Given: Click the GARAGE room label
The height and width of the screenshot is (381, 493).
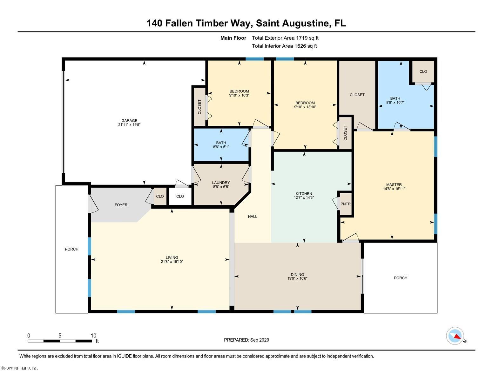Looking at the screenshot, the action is point(129,121).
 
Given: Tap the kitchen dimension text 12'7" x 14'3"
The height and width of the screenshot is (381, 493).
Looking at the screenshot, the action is point(304,197).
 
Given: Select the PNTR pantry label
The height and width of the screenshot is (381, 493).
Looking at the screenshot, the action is point(346,204).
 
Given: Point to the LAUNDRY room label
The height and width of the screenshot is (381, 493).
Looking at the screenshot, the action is point(221,183).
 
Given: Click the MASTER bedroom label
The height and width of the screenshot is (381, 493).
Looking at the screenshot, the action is point(394,185).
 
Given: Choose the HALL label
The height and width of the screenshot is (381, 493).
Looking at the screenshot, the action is point(253,217).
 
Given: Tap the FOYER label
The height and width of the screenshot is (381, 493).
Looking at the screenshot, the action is point(121,205).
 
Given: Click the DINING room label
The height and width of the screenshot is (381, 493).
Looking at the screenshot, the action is point(297,274).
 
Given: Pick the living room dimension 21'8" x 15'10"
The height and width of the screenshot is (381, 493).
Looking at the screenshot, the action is point(172,262).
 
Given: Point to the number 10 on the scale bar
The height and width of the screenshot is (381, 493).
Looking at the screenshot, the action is point(93,336).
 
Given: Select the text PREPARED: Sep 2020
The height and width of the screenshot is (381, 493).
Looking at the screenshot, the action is point(246,340).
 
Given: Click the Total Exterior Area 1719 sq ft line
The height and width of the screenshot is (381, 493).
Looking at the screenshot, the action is point(285,38).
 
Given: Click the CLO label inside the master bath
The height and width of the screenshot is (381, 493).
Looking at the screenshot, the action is point(423,72).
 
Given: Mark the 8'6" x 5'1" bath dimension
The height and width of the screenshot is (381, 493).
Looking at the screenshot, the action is point(221,147).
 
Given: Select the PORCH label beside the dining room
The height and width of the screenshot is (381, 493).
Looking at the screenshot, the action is point(401,278).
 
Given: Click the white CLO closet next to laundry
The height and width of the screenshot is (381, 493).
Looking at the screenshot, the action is point(180,196).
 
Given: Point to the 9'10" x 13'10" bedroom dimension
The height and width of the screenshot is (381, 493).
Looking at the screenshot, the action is point(305,107).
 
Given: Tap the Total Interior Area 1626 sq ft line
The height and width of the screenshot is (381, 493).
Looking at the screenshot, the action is point(284,46).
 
